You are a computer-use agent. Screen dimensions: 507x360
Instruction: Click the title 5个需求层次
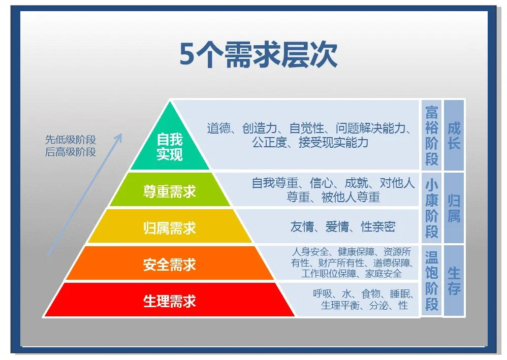pyautogui.click(x=259, y=55)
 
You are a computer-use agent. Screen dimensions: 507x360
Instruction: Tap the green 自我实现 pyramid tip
pyautogui.click(x=170, y=142)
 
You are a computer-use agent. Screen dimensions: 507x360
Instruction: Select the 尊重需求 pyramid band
pyautogui.click(x=170, y=190)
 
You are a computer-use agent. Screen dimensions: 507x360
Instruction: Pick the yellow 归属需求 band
pyautogui.click(x=170, y=226)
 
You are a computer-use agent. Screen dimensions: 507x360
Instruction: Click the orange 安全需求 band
pyautogui.click(x=170, y=263)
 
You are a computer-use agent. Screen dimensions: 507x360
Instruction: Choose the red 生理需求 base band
pyautogui.click(x=170, y=300)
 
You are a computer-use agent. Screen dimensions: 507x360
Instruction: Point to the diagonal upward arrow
pyautogui.click(x=85, y=195)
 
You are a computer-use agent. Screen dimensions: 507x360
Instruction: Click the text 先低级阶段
pyautogui.click(x=71, y=140)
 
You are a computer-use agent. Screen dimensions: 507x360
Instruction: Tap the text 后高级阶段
pyautogui.click(x=71, y=151)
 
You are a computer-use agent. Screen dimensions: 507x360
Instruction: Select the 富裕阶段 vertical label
pyautogui.click(x=432, y=136)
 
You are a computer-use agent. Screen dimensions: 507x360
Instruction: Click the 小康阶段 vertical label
pyautogui.click(x=432, y=208)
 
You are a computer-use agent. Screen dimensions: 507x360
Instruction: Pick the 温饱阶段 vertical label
pyautogui.click(x=432, y=280)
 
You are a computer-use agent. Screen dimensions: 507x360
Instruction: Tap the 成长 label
pyautogui.click(x=454, y=136)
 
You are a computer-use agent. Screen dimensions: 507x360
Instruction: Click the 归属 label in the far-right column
pyautogui.click(x=454, y=208)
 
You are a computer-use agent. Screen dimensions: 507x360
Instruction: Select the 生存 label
pyautogui.click(x=454, y=281)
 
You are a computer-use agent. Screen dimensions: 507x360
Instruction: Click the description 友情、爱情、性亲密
pyautogui.click(x=343, y=226)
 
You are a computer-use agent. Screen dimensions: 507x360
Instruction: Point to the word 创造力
pyautogui.click(x=260, y=128)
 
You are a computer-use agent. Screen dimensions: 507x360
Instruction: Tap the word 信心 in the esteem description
pyautogui.click(x=321, y=183)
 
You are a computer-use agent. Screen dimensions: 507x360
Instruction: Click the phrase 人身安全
pyautogui.click(x=310, y=251)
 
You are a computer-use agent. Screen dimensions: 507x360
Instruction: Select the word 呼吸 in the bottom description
pyautogui.click(x=323, y=294)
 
